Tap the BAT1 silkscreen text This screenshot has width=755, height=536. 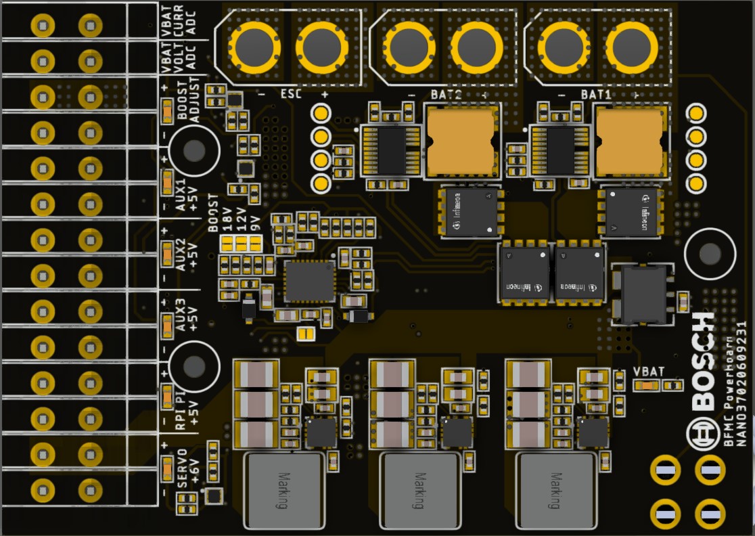coord(596,94)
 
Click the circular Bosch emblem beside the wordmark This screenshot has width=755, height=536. coord(702,432)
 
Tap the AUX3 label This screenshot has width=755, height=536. coord(181,315)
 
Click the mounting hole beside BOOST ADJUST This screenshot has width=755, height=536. coord(194,151)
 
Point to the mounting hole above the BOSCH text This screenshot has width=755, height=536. coord(710,254)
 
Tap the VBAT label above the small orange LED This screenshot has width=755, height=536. coord(649,371)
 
